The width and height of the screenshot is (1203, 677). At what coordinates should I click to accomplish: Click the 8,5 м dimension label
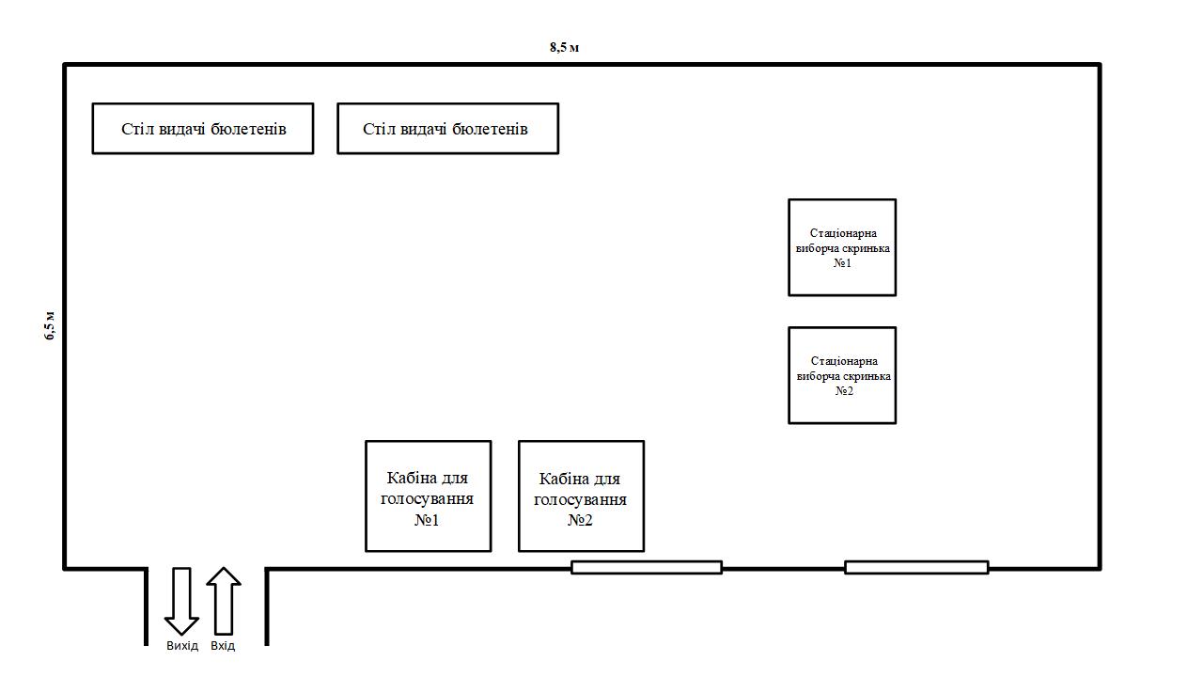click(564, 47)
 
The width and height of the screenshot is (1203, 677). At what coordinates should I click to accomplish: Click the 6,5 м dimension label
click(50, 324)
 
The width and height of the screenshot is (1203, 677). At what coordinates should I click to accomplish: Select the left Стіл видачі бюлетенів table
click(203, 129)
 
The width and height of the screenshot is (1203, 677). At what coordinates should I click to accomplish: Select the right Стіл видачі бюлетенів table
click(447, 129)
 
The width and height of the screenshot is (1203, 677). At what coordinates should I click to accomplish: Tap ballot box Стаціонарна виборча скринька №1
click(842, 247)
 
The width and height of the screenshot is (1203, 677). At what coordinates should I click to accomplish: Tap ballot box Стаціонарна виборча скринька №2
click(842, 375)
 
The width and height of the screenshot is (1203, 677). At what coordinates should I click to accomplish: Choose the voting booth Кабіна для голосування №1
click(428, 496)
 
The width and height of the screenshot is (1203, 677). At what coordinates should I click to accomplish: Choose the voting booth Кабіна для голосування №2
click(581, 496)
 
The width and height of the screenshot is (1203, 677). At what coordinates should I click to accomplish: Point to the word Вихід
click(182, 646)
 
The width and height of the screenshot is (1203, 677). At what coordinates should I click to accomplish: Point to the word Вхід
click(223, 646)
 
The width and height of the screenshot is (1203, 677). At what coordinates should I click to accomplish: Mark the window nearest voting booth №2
click(647, 567)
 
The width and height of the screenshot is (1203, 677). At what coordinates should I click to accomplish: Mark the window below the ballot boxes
click(916, 567)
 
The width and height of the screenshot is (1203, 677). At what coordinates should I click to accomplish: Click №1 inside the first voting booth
click(428, 519)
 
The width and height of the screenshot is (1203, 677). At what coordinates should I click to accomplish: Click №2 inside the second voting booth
click(581, 519)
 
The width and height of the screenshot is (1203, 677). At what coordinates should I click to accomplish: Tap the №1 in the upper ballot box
click(843, 263)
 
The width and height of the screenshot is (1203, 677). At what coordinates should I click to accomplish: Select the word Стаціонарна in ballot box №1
click(843, 233)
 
